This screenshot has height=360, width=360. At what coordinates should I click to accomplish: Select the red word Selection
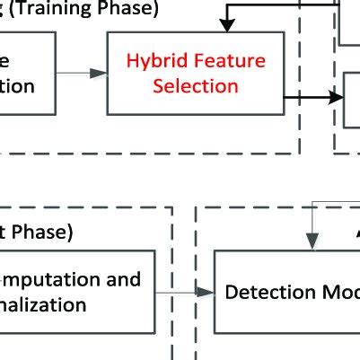(x=195, y=86)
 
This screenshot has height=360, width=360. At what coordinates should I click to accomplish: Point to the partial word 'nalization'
(x=43, y=305)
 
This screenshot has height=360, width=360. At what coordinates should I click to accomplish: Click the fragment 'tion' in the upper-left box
(x=17, y=86)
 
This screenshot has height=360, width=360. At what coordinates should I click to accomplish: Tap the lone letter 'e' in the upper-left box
(x=4, y=62)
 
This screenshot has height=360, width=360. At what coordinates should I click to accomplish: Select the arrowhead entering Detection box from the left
(x=208, y=293)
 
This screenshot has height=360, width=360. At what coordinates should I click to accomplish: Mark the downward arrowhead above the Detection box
(x=311, y=240)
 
